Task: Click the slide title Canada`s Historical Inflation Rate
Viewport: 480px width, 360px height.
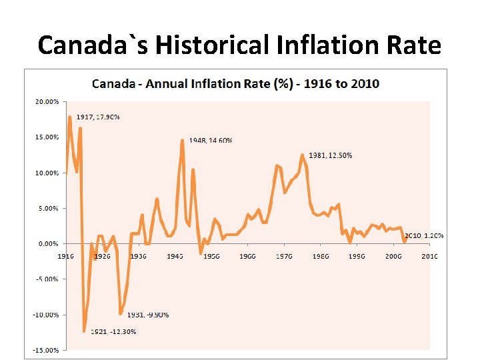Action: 239,45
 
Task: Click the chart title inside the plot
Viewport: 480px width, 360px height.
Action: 235,84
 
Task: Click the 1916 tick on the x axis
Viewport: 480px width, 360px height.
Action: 65,256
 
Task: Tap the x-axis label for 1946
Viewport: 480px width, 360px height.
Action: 175,256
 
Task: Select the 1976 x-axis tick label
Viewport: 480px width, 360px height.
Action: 285,256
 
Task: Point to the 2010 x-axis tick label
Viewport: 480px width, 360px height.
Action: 429,256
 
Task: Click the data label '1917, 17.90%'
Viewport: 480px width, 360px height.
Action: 97,117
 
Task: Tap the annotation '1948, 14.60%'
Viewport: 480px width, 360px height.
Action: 211,141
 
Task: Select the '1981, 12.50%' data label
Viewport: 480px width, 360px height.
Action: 331,155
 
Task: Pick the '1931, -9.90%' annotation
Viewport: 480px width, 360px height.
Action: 148,315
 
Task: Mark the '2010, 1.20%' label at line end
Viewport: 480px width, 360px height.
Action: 425,236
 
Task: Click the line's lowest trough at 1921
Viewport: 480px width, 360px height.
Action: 84,331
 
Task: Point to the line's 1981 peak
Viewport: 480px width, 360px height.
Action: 302,155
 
